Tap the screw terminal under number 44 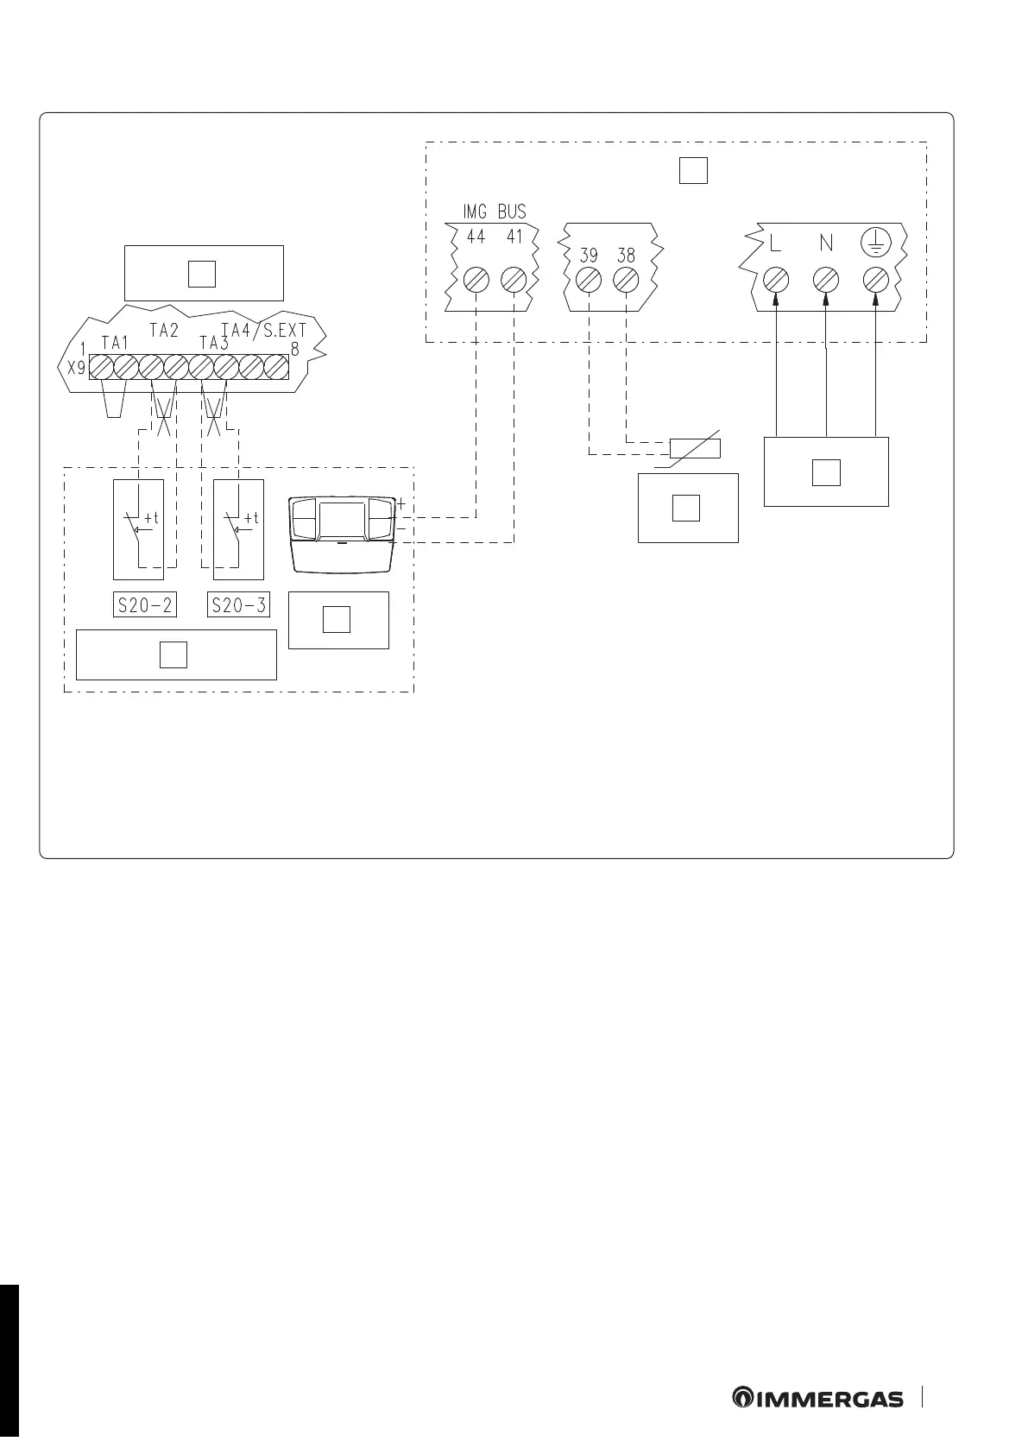pos(476,281)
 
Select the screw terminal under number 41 pos(514,281)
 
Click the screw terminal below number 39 pos(589,281)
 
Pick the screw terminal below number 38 pos(626,281)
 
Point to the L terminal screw pos(776,281)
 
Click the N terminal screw pos(827,281)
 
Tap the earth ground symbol pos(876,243)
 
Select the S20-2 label pos(145,605)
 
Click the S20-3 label pos(239,605)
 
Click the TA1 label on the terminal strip pos(114,343)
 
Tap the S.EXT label pos(285,331)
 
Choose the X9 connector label pos(77,366)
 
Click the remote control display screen pos(344,522)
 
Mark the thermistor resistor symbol pos(696,448)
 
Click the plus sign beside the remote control pos(400,503)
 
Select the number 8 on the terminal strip pos(294,351)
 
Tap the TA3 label pos(214,343)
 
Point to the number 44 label pos(476,237)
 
